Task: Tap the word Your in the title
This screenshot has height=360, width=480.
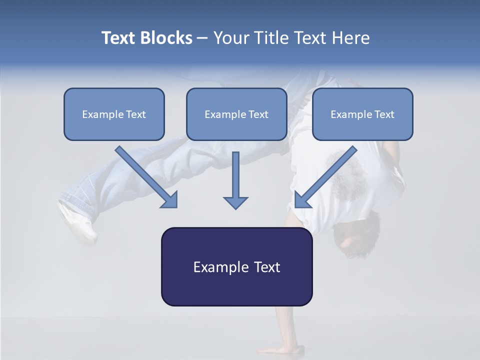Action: (x=231, y=38)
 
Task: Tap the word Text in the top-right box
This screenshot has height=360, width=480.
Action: (x=384, y=114)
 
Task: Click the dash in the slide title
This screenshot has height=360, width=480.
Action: (x=202, y=38)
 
